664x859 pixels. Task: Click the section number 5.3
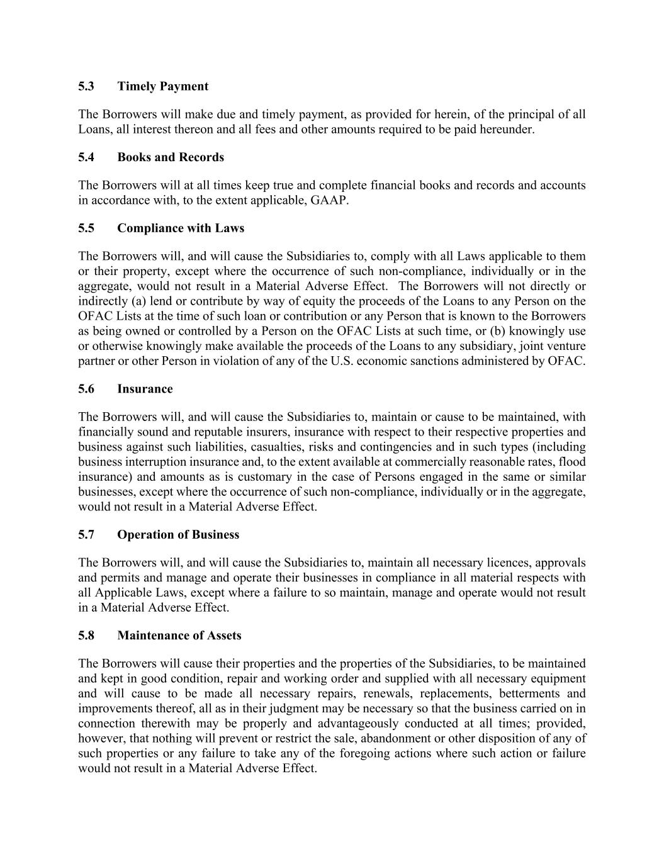(86, 86)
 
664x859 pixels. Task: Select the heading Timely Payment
(162, 86)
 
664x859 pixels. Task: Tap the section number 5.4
(86, 157)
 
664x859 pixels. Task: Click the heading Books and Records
(170, 157)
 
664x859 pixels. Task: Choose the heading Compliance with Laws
(181, 228)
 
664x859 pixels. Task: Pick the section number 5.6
(86, 389)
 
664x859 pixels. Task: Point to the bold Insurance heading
(145, 389)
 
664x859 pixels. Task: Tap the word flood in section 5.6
(573, 463)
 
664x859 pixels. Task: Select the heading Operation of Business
(178, 535)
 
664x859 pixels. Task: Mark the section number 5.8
(86, 636)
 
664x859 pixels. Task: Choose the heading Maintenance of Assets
(179, 636)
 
